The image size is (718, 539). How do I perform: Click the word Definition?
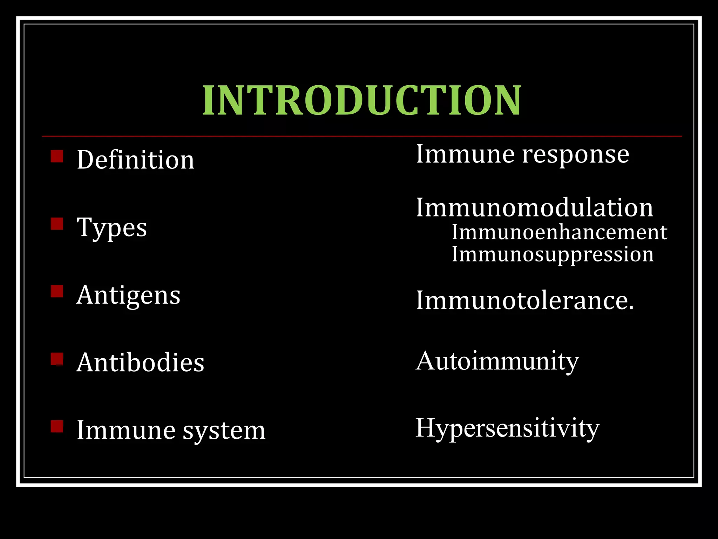(x=135, y=160)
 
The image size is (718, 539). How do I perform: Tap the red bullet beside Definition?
(x=57, y=156)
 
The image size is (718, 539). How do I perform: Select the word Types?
(x=111, y=227)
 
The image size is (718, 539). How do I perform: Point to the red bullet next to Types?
(x=57, y=224)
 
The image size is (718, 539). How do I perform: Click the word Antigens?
(x=128, y=295)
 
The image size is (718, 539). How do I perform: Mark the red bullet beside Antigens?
(x=57, y=291)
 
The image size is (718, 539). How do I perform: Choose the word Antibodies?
(x=140, y=362)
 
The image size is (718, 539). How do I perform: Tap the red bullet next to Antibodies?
(x=57, y=359)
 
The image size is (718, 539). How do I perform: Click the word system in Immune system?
(x=224, y=431)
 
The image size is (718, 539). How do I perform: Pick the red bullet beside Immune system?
(x=57, y=426)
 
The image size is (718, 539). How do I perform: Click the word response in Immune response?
(x=576, y=155)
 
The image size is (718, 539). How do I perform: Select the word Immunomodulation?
(x=535, y=208)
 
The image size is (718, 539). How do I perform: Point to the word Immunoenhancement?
(x=560, y=232)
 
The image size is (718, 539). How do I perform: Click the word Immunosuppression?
(x=553, y=254)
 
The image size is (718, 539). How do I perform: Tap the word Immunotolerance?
(x=525, y=301)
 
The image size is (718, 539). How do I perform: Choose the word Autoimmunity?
(x=497, y=361)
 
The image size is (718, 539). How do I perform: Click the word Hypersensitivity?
(x=507, y=428)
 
